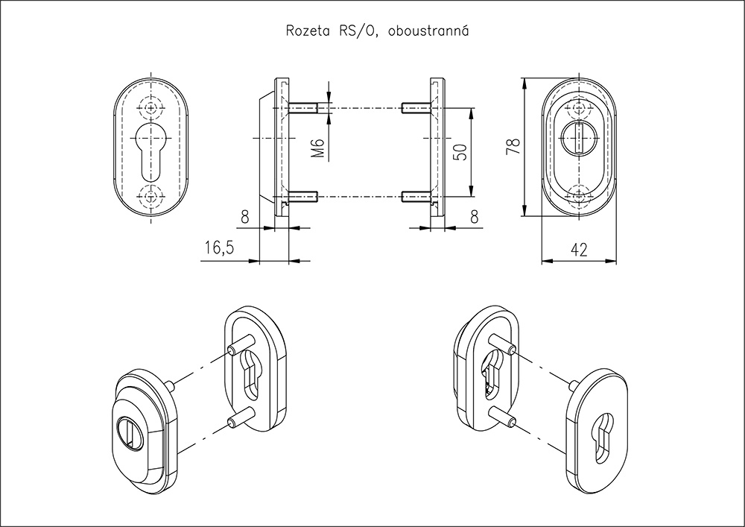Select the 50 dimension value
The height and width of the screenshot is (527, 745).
coord(461,153)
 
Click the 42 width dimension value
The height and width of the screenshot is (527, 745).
coord(578,250)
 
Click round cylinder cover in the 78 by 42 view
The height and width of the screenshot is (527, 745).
coord(577,138)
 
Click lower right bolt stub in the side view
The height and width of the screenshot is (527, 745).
coord(414,197)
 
